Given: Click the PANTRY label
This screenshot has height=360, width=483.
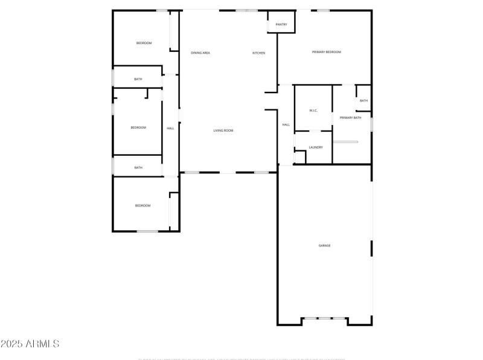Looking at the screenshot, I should (281, 25).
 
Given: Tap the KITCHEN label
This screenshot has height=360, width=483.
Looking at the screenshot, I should (258, 53).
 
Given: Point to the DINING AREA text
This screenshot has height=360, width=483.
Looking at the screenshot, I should (200, 53).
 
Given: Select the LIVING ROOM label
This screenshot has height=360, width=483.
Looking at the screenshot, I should (223, 130).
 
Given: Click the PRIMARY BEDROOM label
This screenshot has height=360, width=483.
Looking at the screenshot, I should (326, 52).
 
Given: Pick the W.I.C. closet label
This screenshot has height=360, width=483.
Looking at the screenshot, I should (313, 111).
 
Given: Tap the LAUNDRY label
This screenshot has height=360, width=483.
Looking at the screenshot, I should (316, 147).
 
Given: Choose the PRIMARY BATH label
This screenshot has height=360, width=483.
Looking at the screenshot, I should (350, 118).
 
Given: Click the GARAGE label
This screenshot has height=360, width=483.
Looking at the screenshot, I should (324, 245).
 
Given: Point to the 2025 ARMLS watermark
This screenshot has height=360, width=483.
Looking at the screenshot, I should (30, 344).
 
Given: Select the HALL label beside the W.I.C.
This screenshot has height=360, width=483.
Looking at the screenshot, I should (286, 125).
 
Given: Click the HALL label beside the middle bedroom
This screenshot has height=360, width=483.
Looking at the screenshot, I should (170, 128).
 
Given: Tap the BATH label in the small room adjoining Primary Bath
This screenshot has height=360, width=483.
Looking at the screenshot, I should (363, 101).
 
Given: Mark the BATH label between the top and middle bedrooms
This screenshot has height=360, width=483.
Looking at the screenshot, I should (138, 79).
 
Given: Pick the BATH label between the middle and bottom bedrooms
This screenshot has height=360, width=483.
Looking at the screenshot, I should (138, 167).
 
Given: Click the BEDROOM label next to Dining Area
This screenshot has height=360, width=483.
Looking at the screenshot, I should (144, 43).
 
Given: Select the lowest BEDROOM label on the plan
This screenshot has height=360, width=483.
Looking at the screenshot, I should (142, 206).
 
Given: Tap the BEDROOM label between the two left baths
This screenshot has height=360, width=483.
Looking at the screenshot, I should (138, 127).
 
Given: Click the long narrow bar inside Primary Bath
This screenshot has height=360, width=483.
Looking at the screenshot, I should (346, 142).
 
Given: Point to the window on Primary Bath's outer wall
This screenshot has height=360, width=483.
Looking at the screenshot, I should (371, 124).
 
